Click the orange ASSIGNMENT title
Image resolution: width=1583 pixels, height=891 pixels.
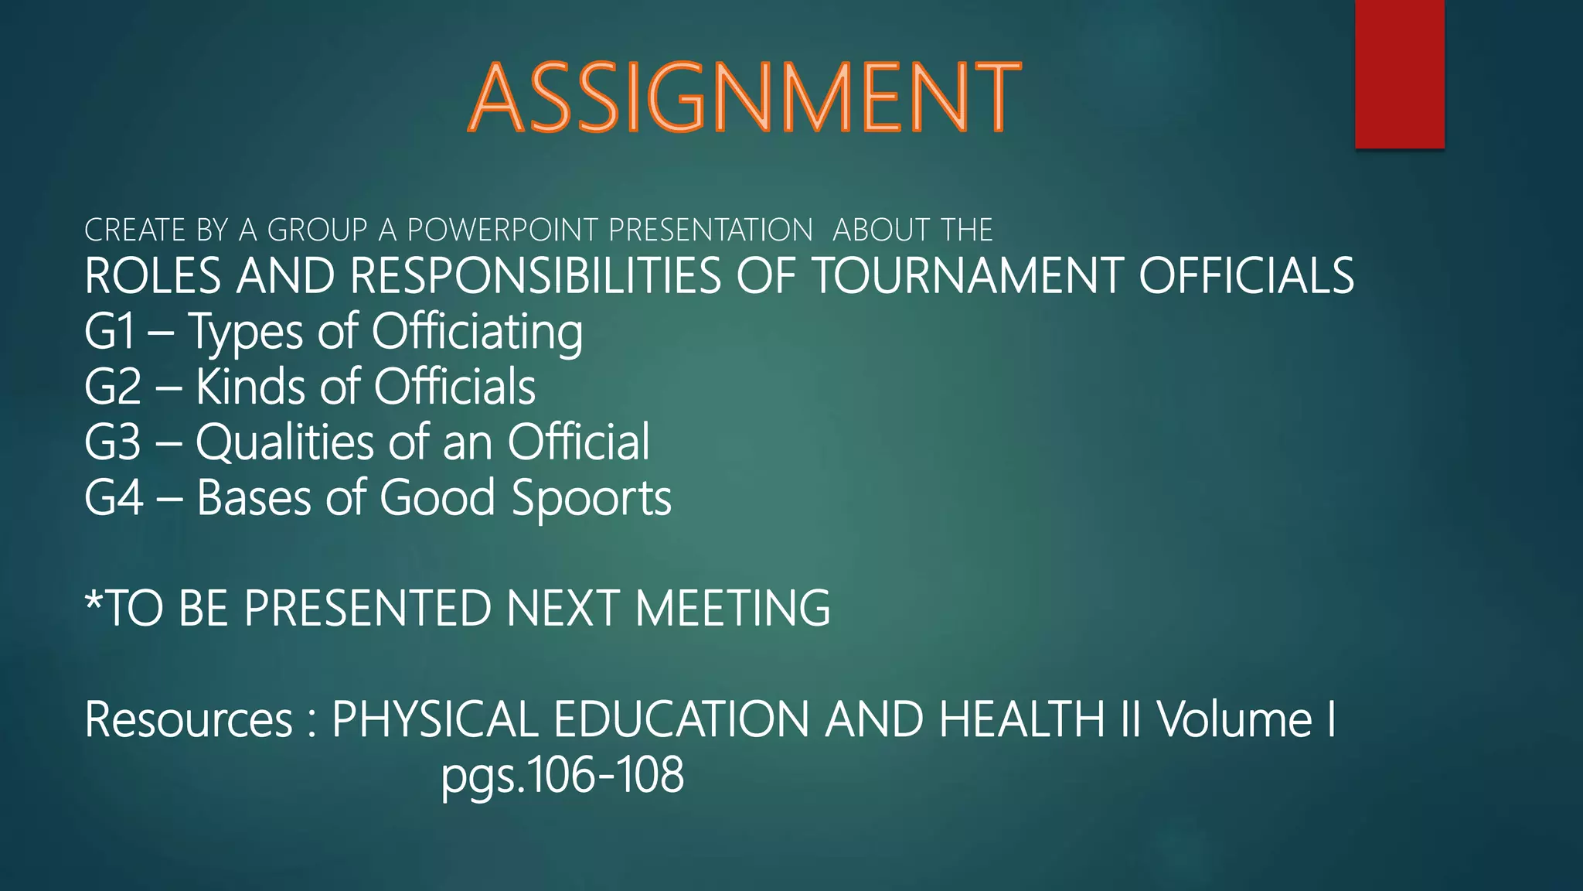[x=744, y=98]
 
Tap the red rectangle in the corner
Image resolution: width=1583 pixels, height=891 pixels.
[x=1399, y=73]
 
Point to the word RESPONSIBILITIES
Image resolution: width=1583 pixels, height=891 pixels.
[x=535, y=276]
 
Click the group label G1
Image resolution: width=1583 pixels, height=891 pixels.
[x=110, y=332]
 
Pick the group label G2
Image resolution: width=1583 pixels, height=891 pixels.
[x=113, y=387]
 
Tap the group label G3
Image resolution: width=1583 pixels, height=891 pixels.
[x=113, y=442]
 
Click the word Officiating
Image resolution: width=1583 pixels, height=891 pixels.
[x=477, y=332]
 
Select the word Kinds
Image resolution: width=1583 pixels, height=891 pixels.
[x=250, y=387]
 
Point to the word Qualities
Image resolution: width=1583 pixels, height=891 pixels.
[x=284, y=443]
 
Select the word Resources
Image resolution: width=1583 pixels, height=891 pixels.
[x=189, y=719]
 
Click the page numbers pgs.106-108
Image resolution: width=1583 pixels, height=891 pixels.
[x=563, y=776]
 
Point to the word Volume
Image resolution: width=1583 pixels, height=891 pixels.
[x=1234, y=719]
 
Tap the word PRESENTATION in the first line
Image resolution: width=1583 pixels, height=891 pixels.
[x=710, y=230]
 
